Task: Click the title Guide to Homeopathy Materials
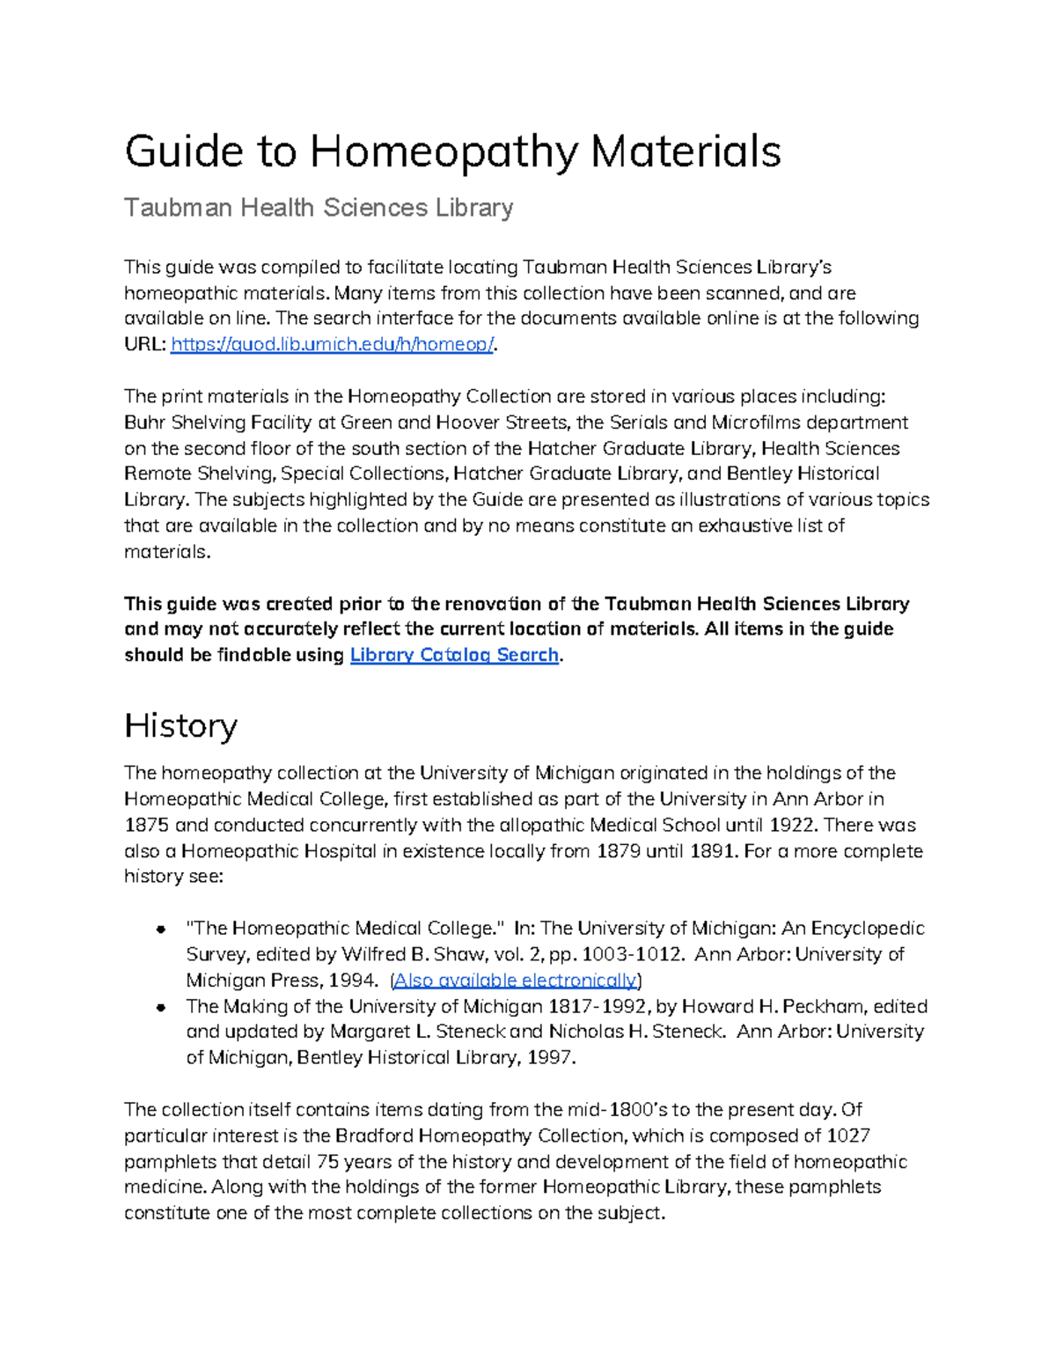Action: (452, 151)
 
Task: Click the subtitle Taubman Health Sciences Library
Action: (319, 208)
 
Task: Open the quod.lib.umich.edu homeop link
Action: (332, 344)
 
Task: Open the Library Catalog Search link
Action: (454, 655)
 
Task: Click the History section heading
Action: (180, 725)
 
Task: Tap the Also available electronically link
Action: (515, 980)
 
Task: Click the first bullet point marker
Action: (161, 929)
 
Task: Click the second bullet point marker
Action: (161, 1006)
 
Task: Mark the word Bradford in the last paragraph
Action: (374, 1135)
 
